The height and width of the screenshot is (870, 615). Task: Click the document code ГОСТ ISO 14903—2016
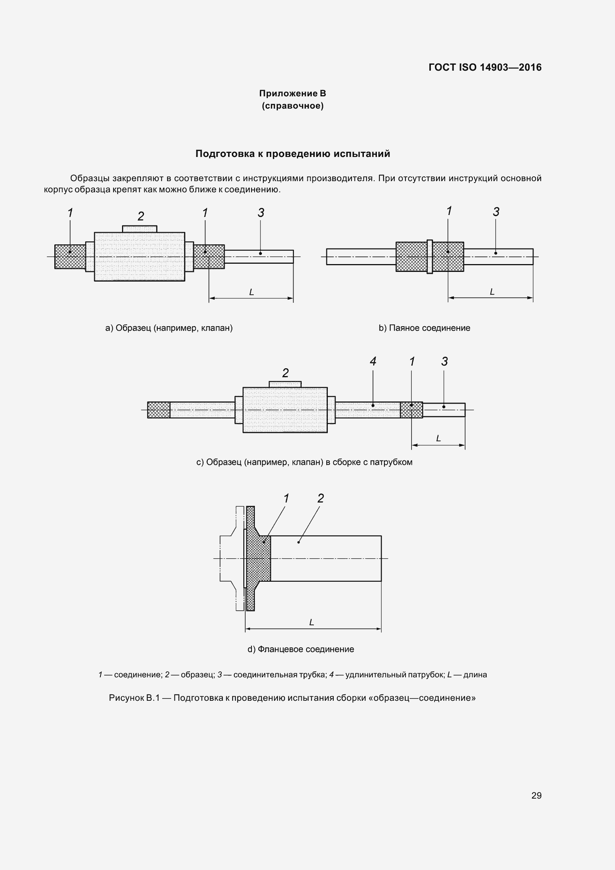point(485,67)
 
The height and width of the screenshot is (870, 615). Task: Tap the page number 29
point(536,795)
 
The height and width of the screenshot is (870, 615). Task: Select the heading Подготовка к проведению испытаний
point(292,154)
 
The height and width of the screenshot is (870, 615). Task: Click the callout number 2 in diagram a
point(141,216)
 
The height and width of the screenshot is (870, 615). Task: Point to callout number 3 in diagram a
point(261,213)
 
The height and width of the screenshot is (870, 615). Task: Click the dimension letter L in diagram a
point(251,292)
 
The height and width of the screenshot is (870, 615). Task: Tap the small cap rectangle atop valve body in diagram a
point(140,229)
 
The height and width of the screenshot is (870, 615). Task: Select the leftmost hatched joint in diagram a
point(70,257)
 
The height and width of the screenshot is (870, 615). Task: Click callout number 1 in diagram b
point(449,211)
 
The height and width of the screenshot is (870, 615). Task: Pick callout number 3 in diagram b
point(496,212)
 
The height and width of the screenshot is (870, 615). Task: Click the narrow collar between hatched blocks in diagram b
point(429,257)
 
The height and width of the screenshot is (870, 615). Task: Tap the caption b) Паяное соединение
point(424,328)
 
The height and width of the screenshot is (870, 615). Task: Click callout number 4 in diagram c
point(373,362)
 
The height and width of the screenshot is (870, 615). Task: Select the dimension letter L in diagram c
point(438,439)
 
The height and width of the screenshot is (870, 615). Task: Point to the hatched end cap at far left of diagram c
point(158,410)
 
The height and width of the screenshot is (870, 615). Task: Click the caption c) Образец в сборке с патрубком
point(304,462)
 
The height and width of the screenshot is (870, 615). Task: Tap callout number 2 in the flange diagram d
point(321,498)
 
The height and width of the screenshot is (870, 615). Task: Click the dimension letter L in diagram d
point(311,622)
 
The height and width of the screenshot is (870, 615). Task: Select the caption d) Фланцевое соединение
point(301,649)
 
